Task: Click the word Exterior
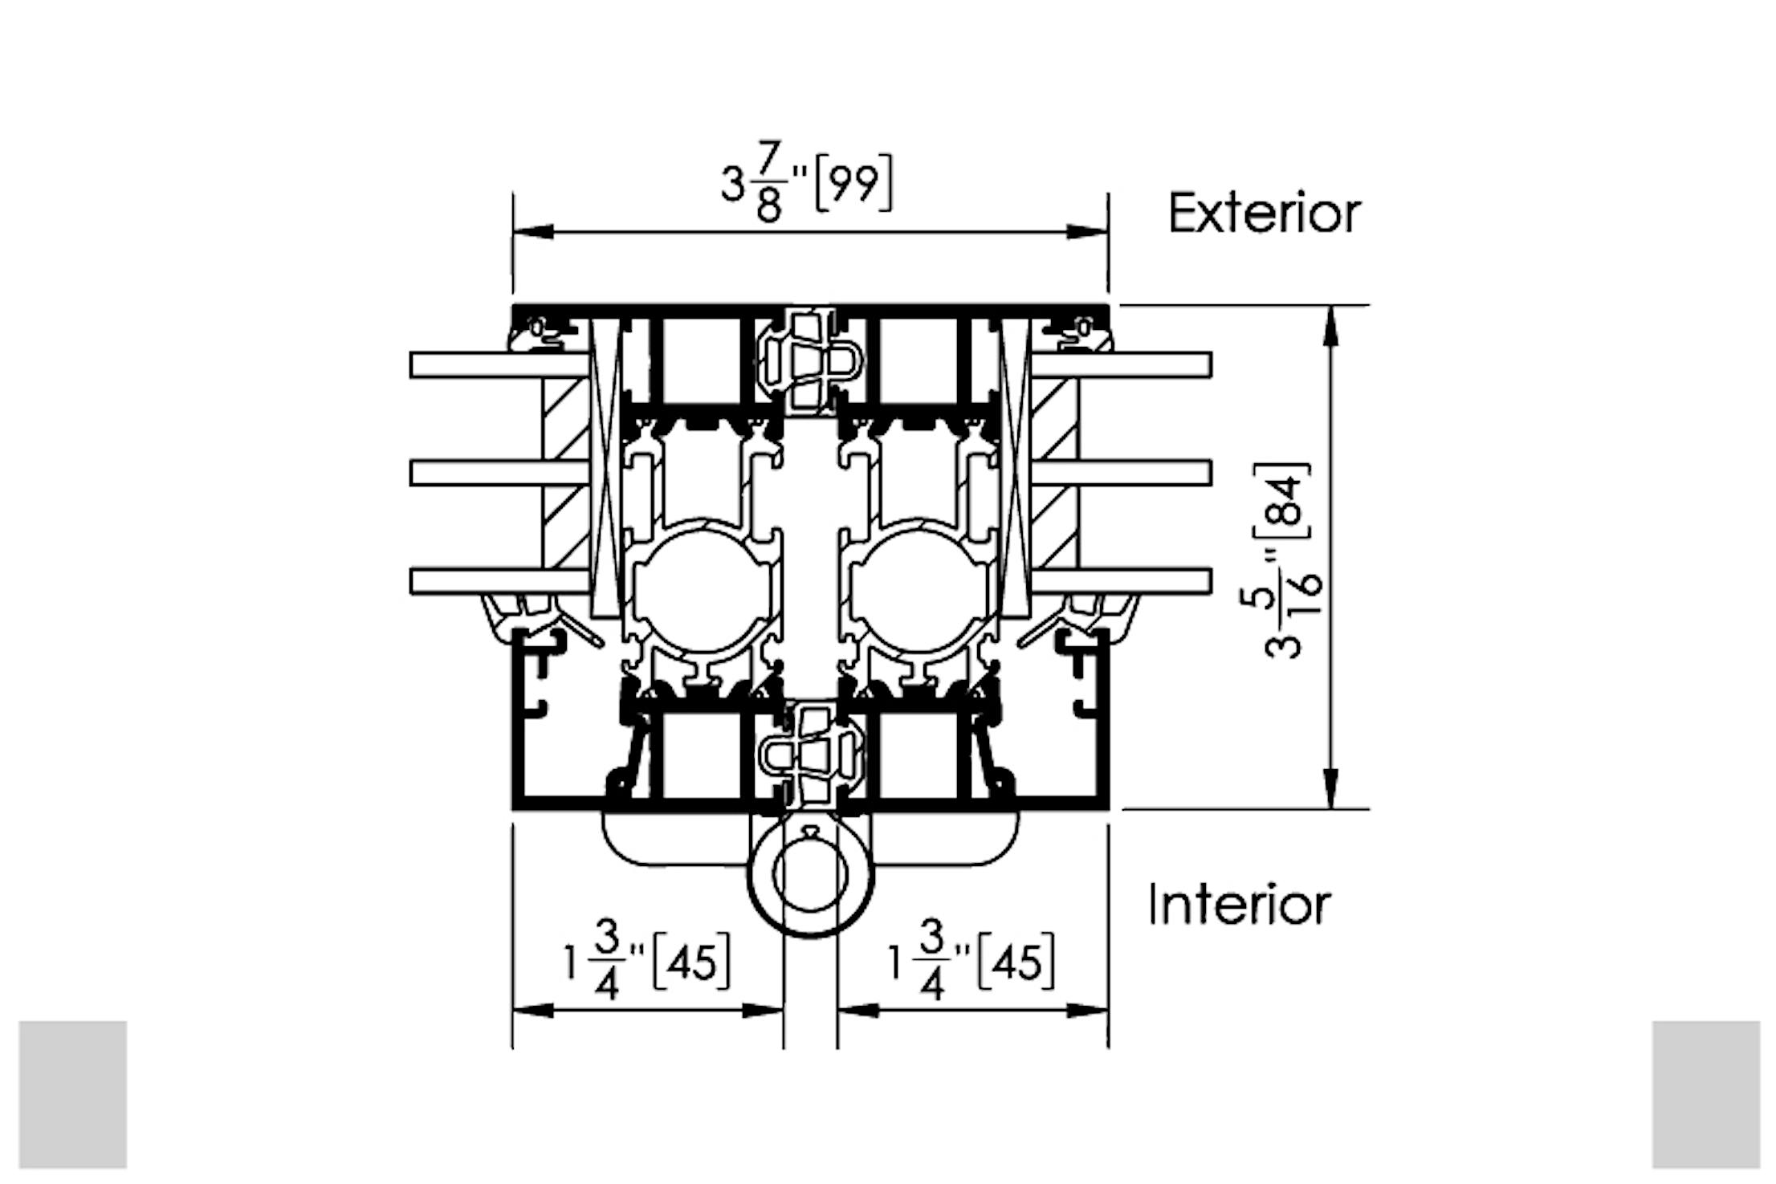coord(1264,214)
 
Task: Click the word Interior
coord(1239,905)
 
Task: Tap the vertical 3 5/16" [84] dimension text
coord(1288,560)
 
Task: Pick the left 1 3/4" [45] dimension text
coord(647,962)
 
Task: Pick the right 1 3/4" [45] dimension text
coord(971,962)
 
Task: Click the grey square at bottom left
coord(73,1094)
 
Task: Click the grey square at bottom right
coord(1705,1094)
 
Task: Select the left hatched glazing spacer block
coord(565,474)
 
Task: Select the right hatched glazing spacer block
coord(1055,474)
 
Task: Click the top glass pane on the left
coord(498,365)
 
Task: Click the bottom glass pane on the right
coord(1121,581)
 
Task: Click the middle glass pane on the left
coord(498,473)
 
